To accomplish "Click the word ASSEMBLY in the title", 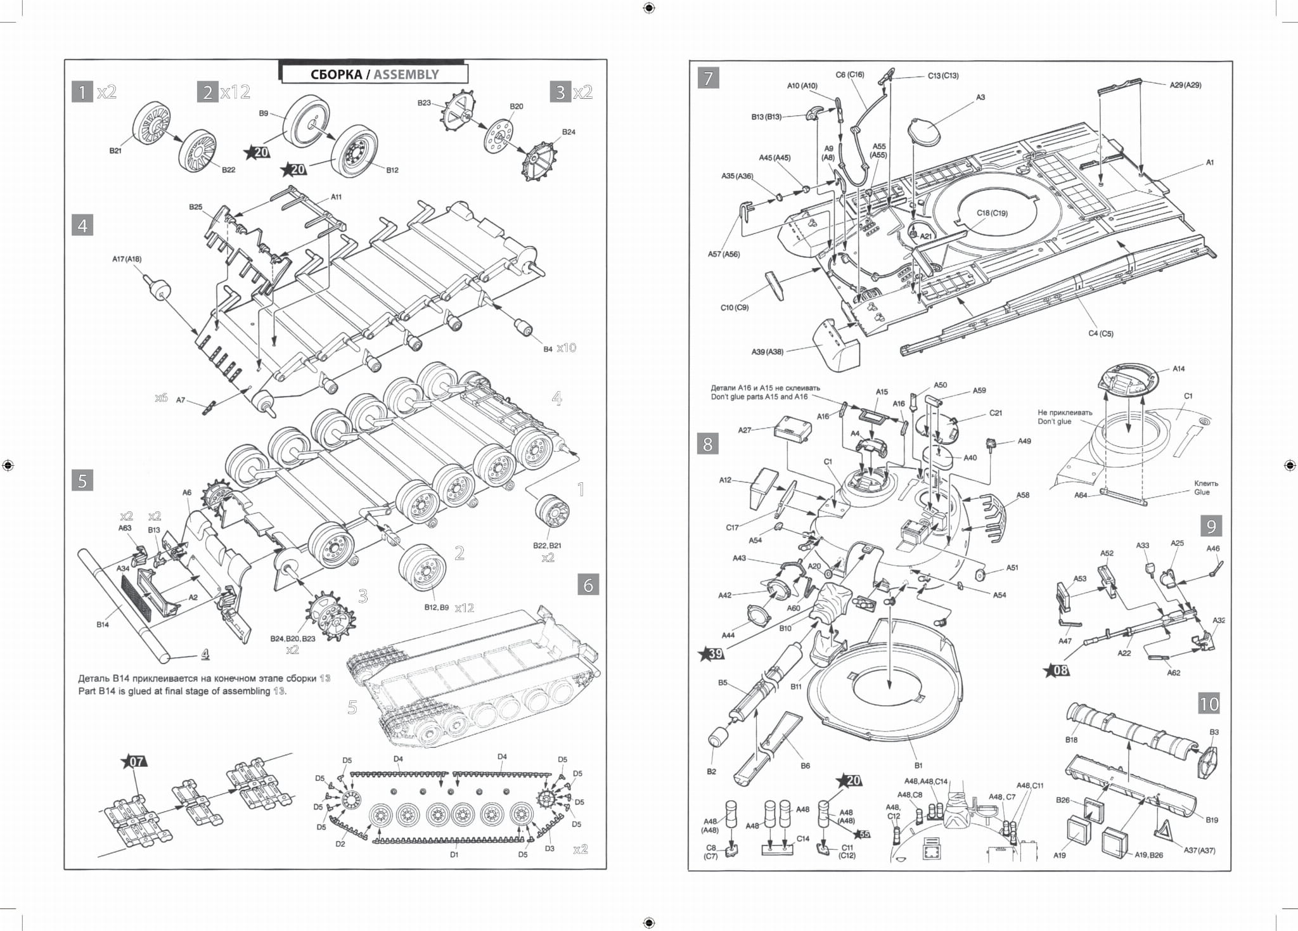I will (x=406, y=75).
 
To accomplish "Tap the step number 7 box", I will (x=708, y=79).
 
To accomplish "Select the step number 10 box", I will (x=1209, y=703).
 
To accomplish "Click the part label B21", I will (x=115, y=151).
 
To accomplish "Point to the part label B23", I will (x=424, y=103).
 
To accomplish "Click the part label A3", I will (x=980, y=98).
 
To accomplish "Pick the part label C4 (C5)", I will (x=1101, y=333).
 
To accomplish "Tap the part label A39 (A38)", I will (x=767, y=352).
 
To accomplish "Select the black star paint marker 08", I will (x=1057, y=670).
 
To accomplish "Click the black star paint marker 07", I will (x=136, y=761).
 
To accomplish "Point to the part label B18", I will (x=1071, y=740).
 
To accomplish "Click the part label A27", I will (x=745, y=430).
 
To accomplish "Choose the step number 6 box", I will (x=588, y=584).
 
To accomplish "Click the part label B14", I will (x=103, y=624).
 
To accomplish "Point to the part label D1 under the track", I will (x=454, y=854).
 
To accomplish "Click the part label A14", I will (x=1178, y=368).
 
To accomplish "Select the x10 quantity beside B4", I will (x=566, y=348).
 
